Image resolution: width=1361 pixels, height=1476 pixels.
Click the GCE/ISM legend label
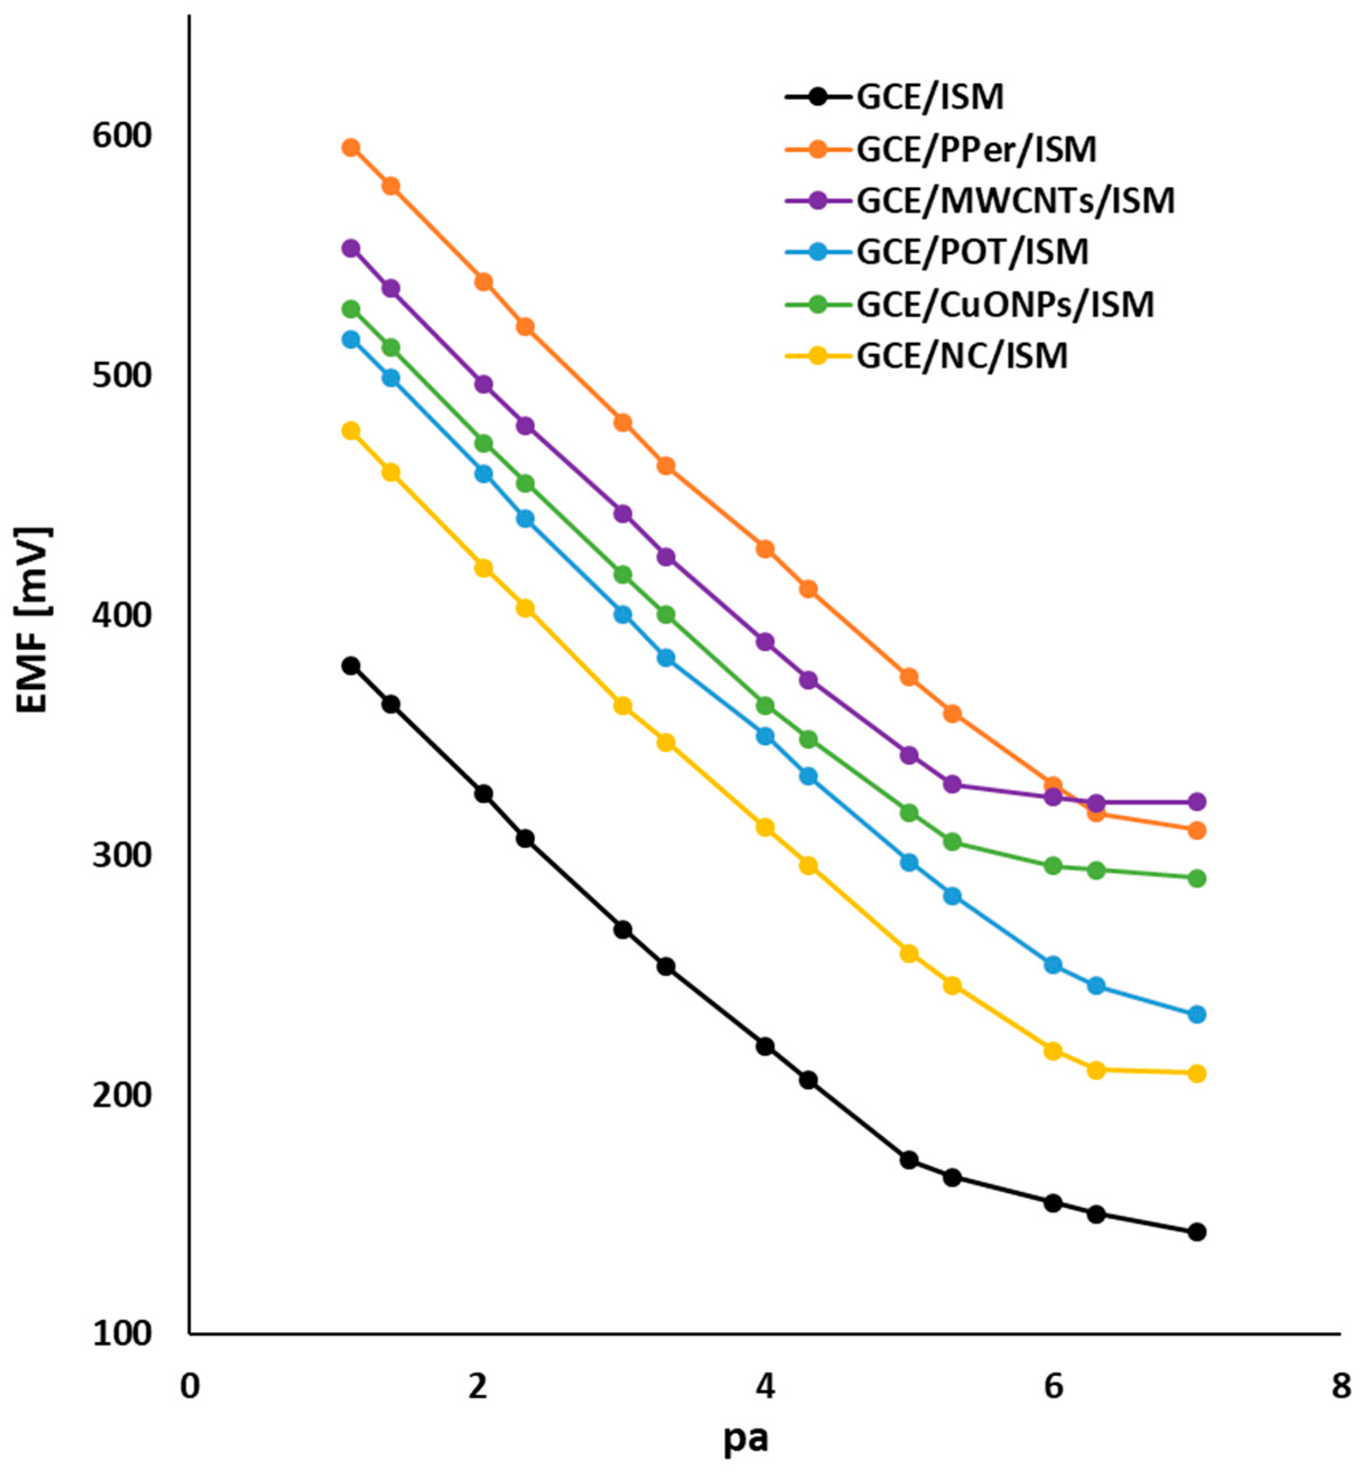929,97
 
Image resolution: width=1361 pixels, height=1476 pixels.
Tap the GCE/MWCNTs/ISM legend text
1015,201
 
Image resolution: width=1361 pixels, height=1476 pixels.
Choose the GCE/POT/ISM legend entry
972,252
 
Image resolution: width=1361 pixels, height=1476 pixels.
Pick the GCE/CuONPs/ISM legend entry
1005,304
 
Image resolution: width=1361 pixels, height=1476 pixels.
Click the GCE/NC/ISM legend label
962,357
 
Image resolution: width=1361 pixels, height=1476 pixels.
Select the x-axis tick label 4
765,1386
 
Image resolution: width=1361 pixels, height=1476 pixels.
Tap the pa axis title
745,1439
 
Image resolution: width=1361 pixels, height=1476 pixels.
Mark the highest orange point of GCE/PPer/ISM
351,148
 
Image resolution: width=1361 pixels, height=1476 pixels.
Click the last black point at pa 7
1197,1231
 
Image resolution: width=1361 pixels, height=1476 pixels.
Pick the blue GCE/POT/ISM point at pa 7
1197,1014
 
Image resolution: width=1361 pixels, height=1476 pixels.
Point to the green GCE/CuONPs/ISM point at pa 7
1197,878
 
